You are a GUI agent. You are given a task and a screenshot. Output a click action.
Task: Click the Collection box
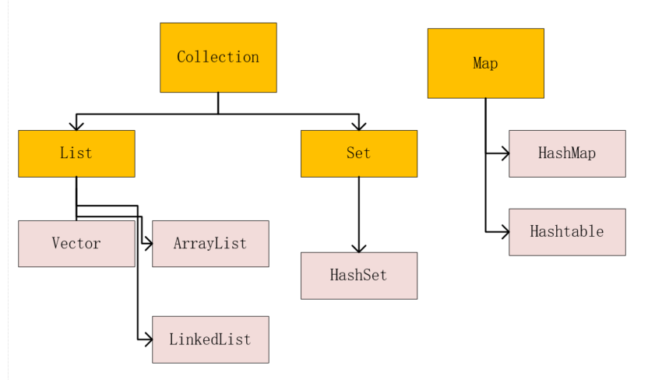pos(218,58)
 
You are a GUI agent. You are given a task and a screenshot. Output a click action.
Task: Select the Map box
pos(485,63)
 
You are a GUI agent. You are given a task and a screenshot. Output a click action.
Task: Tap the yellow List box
pos(76,153)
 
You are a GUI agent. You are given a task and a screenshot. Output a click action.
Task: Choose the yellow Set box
pos(359,153)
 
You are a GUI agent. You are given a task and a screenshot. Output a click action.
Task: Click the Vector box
pos(76,243)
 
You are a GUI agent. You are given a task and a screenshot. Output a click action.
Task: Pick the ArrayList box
pos(210,243)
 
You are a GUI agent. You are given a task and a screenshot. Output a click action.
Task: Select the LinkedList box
pos(210,340)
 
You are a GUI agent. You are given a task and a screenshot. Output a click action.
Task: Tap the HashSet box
pos(359,276)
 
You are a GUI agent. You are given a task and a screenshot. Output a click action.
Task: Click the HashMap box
pos(567,153)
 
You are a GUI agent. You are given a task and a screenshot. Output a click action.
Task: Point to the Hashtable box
pos(567,232)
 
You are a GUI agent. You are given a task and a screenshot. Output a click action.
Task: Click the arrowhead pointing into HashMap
pos(505,153)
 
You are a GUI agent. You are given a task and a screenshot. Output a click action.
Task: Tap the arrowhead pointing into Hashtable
pos(505,232)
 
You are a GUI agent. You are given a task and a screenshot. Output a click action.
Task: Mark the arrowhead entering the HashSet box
pos(359,248)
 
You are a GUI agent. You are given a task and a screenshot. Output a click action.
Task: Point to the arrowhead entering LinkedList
pos(148,340)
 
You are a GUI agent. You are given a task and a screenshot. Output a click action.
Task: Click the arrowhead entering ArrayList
pos(148,244)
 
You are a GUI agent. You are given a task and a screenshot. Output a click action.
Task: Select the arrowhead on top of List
pos(76,126)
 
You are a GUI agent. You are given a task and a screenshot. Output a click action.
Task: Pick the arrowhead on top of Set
pos(359,126)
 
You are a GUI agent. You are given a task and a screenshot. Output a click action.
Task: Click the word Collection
pos(218,57)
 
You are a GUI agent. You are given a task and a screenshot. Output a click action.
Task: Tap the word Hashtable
pos(567,231)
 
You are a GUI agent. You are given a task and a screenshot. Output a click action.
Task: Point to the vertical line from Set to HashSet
pos(359,214)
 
